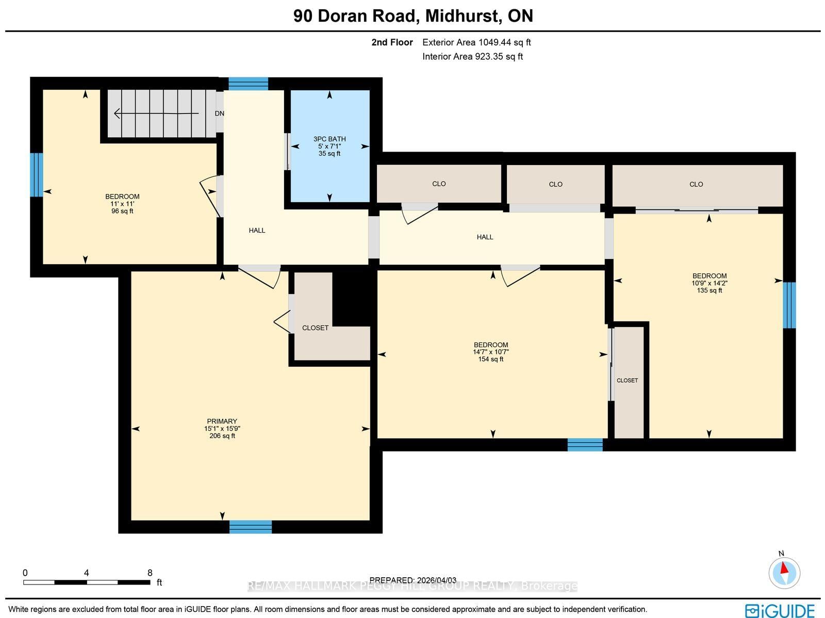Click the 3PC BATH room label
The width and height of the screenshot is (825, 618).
pos(329,139)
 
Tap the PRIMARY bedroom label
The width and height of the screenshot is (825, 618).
pos(222,421)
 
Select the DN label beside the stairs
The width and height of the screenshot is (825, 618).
pos(220,113)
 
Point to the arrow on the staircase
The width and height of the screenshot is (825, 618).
pos(156,113)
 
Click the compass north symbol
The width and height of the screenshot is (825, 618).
pos(784,573)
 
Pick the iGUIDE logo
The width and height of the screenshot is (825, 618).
pos(780,610)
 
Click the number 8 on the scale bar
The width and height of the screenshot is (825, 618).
pos(150,573)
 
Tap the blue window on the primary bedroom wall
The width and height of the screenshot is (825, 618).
pos(250,527)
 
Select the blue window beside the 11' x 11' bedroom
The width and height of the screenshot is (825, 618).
pos(37,175)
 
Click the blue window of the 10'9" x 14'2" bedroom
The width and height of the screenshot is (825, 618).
pos(789,305)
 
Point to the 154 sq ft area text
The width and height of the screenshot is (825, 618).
pos(490,360)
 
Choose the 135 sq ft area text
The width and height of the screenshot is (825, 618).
pos(709,290)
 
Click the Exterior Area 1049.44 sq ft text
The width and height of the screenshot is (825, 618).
pos(476,42)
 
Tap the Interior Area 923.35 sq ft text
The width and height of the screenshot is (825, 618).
pos(472,57)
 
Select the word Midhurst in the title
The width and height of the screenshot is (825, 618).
pos(463,16)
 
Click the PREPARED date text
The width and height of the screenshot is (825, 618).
pos(412,580)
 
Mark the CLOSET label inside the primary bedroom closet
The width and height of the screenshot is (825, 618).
pos(315,328)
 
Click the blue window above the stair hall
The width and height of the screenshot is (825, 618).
pos(249,84)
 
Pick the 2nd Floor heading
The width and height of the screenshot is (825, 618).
pos(392,42)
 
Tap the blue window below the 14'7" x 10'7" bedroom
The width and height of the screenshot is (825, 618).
pos(585,445)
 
